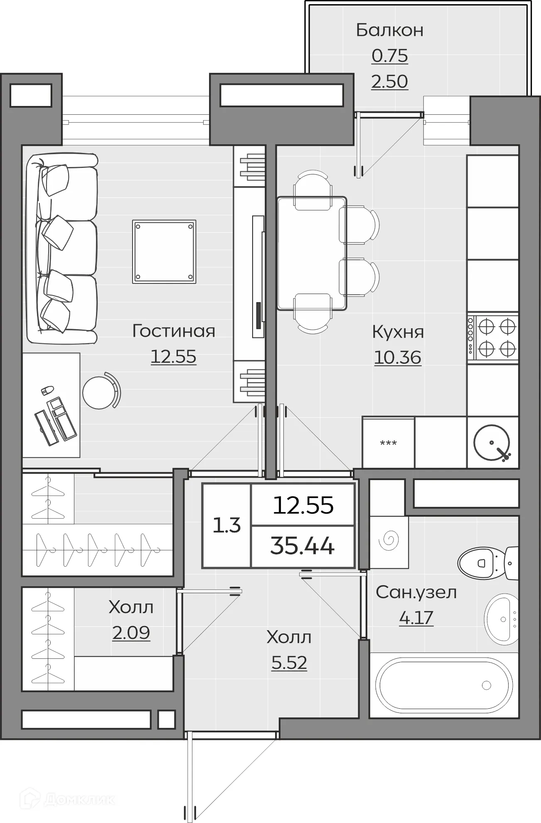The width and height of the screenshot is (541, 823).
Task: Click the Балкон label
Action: click(x=390, y=30)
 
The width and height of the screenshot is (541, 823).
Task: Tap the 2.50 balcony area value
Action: click(x=390, y=81)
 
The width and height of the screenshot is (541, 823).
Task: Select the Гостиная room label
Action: click(x=174, y=331)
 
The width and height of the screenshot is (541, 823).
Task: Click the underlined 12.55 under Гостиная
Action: click(x=173, y=357)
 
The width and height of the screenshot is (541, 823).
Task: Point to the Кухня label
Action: click(x=398, y=332)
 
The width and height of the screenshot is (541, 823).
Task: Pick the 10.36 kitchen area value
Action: click(x=398, y=357)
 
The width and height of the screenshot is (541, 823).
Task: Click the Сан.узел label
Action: click(x=416, y=592)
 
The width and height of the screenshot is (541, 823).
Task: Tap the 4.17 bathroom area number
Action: click(x=416, y=617)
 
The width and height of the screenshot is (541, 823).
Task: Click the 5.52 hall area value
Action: click(x=289, y=663)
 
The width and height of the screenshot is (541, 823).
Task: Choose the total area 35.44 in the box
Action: click(x=302, y=546)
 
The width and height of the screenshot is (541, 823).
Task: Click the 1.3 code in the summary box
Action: click(x=227, y=525)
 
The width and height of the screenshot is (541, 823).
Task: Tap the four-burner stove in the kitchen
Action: click(x=493, y=338)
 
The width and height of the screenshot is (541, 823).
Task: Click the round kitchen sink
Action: click(x=492, y=442)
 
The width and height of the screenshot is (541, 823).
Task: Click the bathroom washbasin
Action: click(x=502, y=619)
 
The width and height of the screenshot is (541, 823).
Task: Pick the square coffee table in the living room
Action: click(x=164, y=252)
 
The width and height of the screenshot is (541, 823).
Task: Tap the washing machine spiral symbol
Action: click(x=389, y=540)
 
